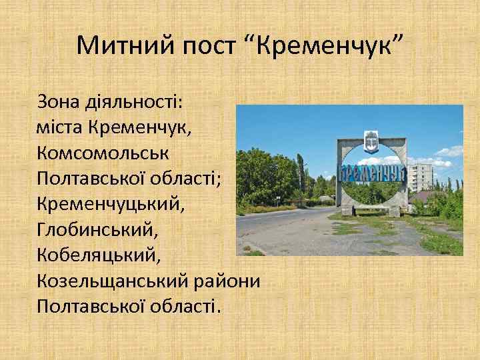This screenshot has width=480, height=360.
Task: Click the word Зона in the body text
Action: tap(60, 103)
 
